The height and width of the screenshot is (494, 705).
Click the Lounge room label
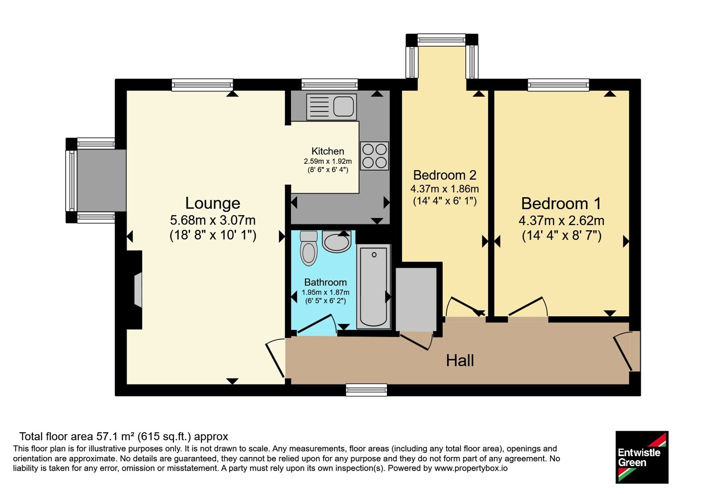point(213,203)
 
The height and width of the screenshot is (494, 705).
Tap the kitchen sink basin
point(343,106)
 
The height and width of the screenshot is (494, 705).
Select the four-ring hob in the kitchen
point(374,156)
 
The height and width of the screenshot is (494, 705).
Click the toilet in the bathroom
point(309,249)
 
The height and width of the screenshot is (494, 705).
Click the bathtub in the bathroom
point(374,287)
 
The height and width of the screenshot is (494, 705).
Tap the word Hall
point(460,360)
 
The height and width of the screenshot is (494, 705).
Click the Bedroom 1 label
point(561,203)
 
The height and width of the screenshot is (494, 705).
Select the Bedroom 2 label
point(445,175)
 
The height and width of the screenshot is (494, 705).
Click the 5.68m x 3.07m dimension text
point(213,220)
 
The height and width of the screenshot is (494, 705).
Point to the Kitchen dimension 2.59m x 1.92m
point(328,161)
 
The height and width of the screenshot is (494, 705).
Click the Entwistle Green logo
point(642,457)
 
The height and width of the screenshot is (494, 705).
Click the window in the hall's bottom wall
point(366,390)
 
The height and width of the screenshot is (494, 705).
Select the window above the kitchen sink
point(330,84)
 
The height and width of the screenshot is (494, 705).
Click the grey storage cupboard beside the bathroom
point(416,299)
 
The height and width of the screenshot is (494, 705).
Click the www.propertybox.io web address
point(471,468)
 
